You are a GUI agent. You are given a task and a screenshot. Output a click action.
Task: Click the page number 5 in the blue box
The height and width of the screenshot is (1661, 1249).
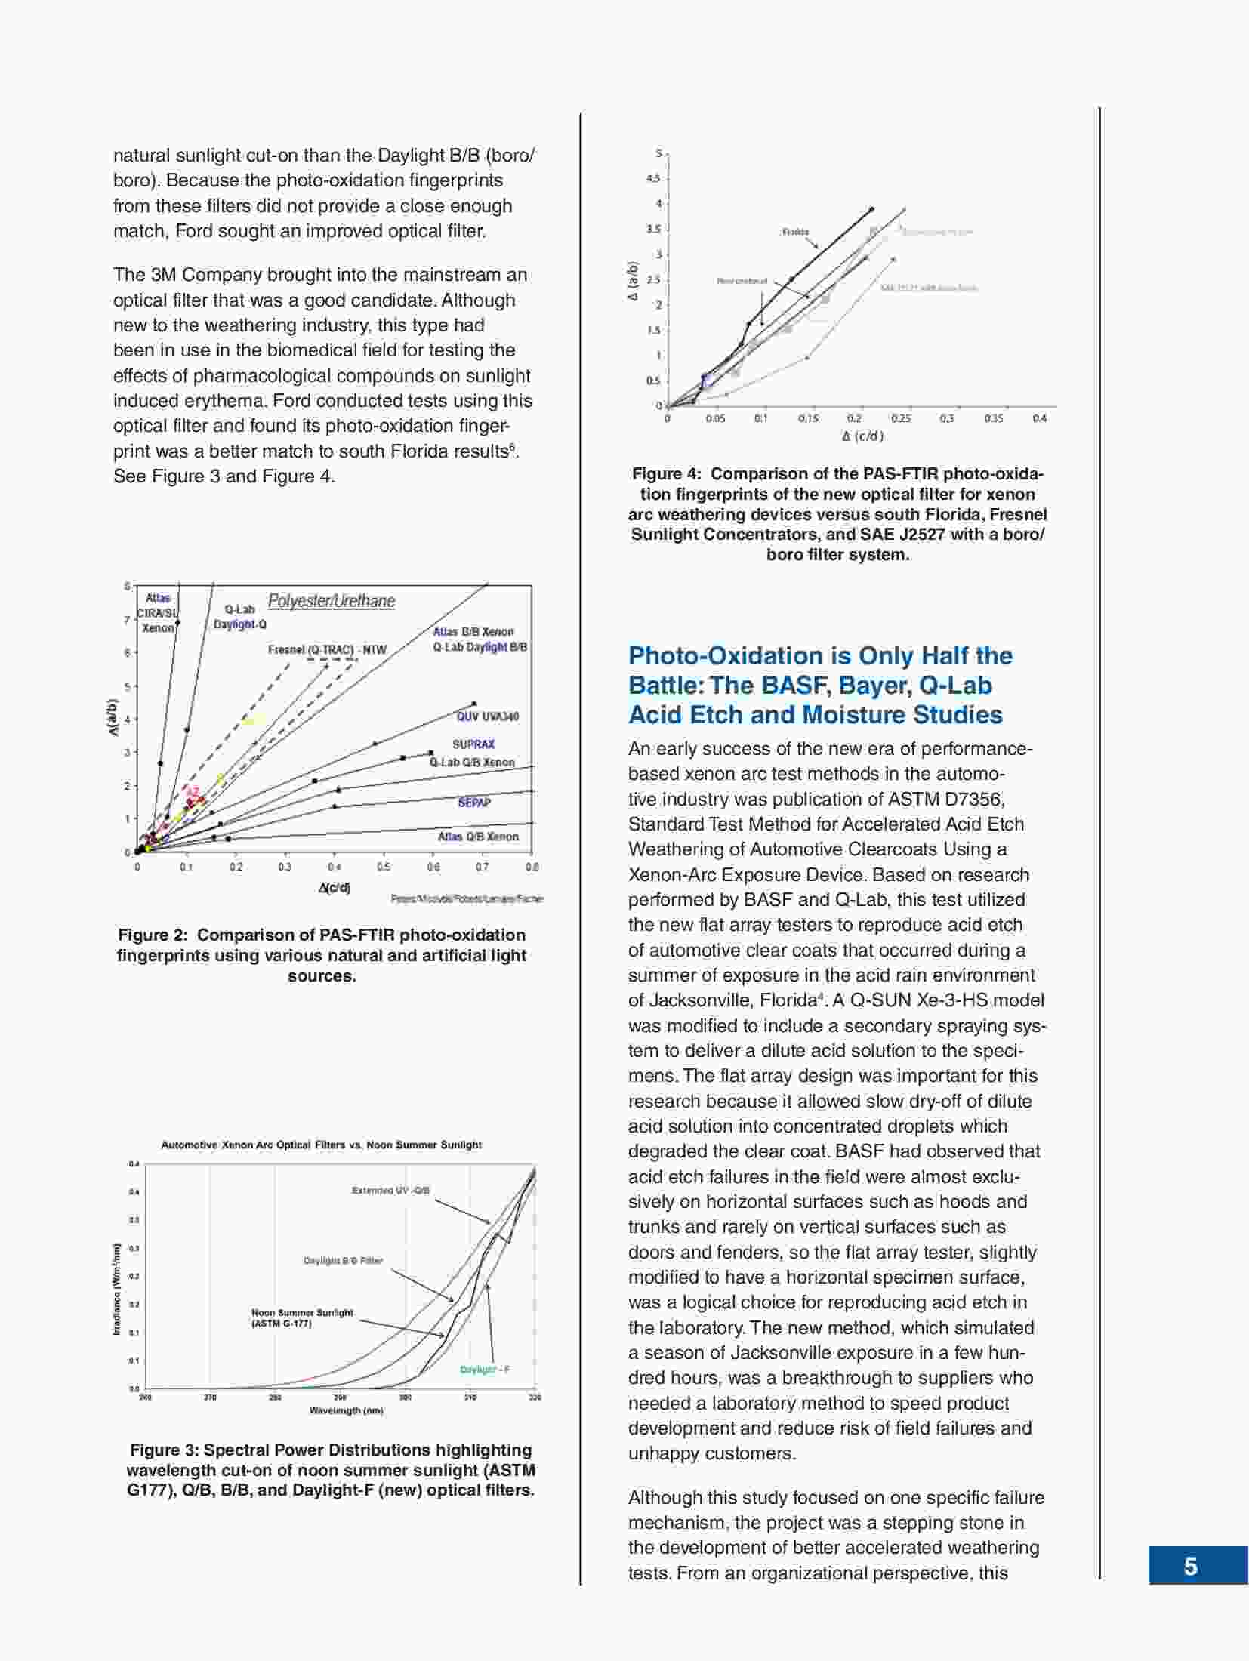point(1191,1567)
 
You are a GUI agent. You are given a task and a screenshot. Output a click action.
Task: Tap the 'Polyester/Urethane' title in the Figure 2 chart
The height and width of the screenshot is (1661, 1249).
point(332,601)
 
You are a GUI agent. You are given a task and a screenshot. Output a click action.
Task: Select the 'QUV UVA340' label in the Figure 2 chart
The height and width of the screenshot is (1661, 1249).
point(488,716)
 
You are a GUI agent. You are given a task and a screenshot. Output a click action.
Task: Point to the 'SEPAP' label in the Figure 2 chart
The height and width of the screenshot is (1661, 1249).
point(474,803)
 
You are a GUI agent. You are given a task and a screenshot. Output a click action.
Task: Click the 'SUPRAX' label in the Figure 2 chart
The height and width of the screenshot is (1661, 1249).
point(473,744)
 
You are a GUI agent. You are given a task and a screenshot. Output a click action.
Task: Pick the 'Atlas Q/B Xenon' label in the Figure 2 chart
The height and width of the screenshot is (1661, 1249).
point(478,837)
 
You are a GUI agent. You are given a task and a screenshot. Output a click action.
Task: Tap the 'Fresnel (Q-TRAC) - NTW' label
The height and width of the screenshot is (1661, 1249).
point(327,649)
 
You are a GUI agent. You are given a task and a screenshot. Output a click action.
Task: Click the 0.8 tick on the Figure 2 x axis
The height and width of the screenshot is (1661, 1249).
point(532,867)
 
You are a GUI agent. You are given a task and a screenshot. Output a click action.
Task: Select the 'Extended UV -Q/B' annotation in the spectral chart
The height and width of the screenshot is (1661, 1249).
point(390,1191)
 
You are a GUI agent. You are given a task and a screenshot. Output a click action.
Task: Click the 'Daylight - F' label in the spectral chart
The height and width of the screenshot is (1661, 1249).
point(485,1370)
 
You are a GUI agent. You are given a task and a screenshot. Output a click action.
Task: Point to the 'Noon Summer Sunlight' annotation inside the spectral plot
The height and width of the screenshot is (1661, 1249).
point(302,1313)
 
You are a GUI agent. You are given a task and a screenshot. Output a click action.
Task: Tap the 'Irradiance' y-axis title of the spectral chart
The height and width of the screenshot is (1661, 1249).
point(117,1289)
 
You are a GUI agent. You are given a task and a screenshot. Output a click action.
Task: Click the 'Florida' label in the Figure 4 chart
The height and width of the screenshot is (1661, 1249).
point(795,232)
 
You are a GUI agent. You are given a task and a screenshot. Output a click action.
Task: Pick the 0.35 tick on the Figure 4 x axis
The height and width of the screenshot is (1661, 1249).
point(994,418)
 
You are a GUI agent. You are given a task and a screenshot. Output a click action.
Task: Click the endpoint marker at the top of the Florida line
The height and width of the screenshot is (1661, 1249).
point(871,209)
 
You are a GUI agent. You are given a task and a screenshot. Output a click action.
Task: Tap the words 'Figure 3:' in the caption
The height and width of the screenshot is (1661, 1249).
point(164,1450)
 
